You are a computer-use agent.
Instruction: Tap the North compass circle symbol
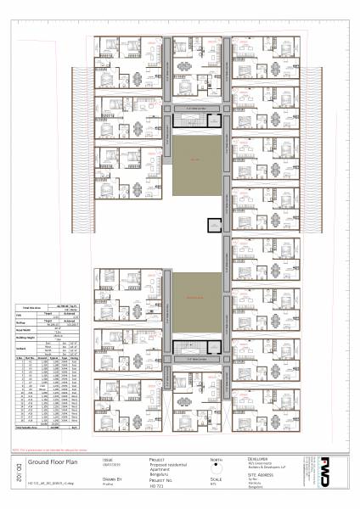217,466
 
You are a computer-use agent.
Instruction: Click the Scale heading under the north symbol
215,478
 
